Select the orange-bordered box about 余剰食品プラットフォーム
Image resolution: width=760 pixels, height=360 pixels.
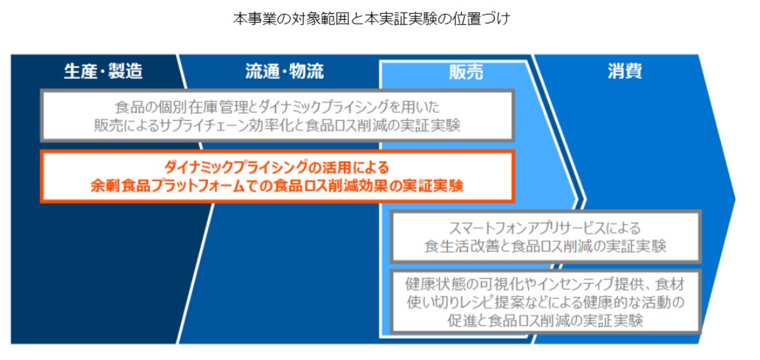(277, 176)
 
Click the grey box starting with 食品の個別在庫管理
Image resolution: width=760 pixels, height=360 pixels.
(277, 115)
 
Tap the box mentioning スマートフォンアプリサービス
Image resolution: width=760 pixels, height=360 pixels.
(545, 236)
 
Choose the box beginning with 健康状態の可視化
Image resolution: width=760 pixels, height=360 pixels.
(545, 302)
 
